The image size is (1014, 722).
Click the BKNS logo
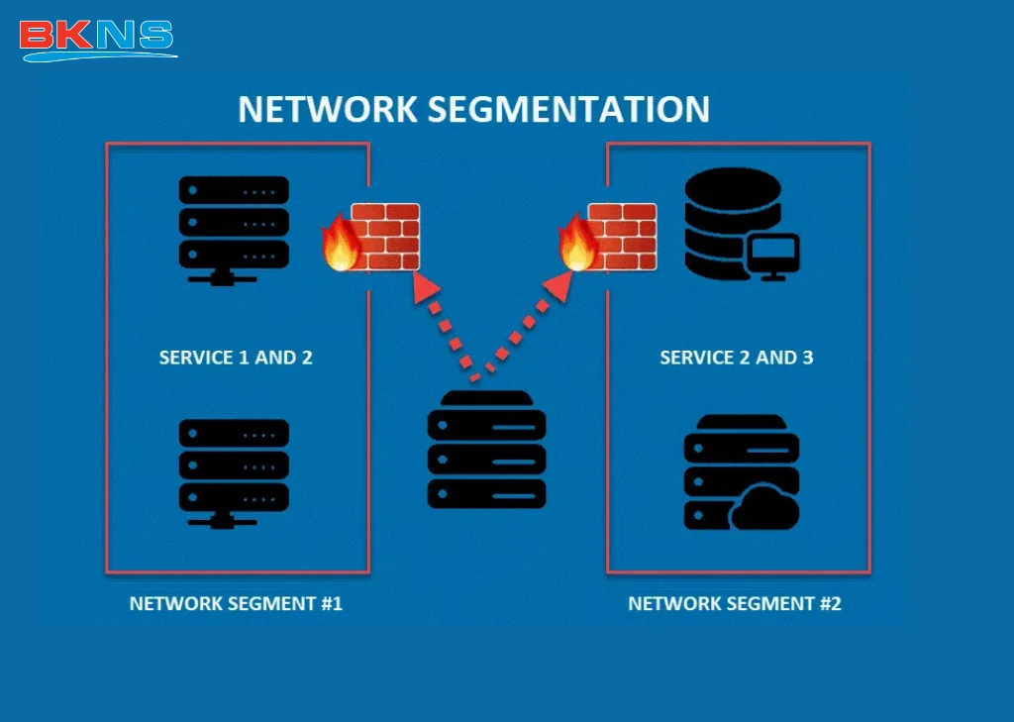pos(96,38)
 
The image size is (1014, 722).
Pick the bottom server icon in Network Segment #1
pos(234,470)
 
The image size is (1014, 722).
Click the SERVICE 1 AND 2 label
pos(236,358)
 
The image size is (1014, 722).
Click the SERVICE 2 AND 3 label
pos(736,358)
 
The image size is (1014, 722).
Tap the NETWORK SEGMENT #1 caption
pos(236,603)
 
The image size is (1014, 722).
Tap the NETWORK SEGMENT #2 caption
pos(735,603)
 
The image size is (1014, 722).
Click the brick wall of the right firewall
pos(623,237)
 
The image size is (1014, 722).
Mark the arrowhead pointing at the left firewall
pos(426,288)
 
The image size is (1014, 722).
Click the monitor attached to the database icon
pos(773,257)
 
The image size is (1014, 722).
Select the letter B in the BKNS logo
pos(37,36)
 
